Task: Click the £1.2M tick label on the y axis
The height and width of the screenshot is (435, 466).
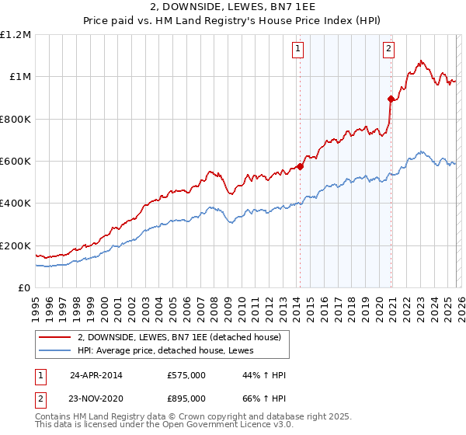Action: pyautogui.click(x=16, y=35)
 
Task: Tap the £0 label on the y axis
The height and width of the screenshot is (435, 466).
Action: pyautogui.click(x=25, y=288)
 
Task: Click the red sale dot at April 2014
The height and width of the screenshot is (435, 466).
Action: pyautogui.click(x=300, y=166)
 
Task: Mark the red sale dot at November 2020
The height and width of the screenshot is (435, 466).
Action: pyautogui.click(x=391, y=99)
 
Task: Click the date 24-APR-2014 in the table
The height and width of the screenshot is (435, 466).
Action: pyautogui.click(x=96, y=375)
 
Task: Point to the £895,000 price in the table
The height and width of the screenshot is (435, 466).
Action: pyautogui.click(x=186, y=398)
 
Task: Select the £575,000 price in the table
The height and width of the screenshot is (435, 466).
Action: pyautogui.click(x=186, y=375)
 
